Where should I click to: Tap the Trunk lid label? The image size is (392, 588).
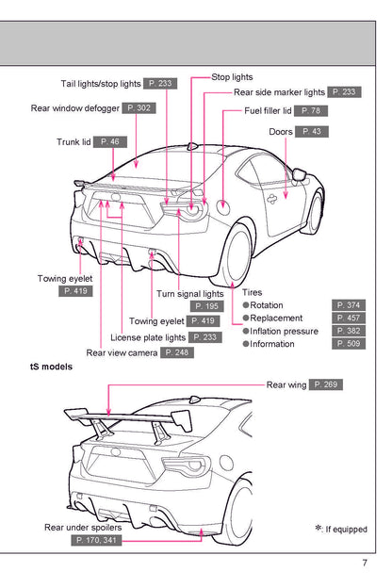click(73, 141)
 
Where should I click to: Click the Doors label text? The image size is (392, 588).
click(281, 131)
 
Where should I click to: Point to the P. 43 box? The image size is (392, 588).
click(311, 131)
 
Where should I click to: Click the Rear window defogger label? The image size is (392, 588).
click(74, 108)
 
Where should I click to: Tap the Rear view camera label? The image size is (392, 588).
click(122, 352)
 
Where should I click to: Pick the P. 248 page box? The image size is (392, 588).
click(177, 352)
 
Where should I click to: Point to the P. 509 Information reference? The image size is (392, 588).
click(351, 344)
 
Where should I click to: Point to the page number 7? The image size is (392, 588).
click(364, 564)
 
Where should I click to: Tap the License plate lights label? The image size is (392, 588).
click(148, 336)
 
